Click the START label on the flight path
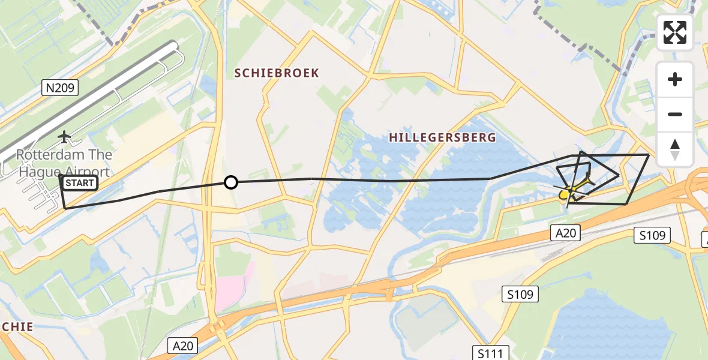pos(79,183)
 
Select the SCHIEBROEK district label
pos(277,73)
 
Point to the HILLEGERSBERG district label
pos(443,137)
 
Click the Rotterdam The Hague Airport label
pos(64,163)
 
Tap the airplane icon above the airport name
pos(64,137)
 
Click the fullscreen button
pos(675,32)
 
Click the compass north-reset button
pos(675,149)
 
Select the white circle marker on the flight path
pos(231,182)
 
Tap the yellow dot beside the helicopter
pos(564,194)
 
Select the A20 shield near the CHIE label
pos(183,346)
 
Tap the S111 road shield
pos(490,353)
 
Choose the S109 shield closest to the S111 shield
pos(520,295)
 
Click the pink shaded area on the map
pos(230,287)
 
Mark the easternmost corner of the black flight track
pos(649,155)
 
